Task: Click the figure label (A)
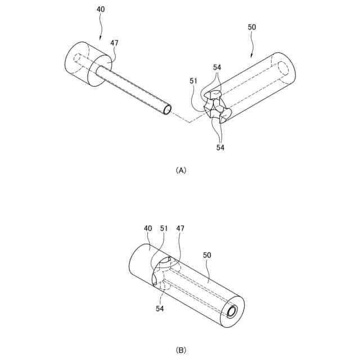click(x=181, y=170)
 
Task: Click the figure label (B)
click(x=181, y=350)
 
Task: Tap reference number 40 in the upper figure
click(x=100, y=10)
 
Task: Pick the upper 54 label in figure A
click(x=217, y=67)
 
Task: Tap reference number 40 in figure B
click(x=148, y=228)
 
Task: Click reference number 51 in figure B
click(x=164, y=228)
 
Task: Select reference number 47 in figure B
click(x=180, y=228)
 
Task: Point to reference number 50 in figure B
click(x=207, y=255)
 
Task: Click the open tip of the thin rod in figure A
click(x=166, y=109)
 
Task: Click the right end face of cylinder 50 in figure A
click(x=283, y=67)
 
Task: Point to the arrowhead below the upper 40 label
click(x=100, y=38)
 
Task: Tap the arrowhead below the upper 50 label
click(x=251, y=57)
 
